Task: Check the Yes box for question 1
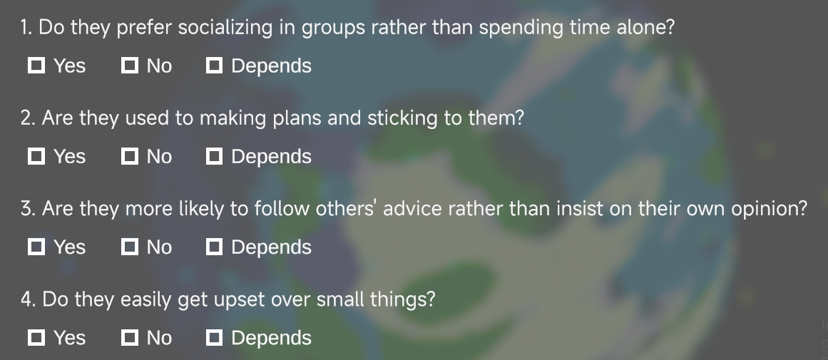(36, 66)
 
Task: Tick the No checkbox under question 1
(129, 66)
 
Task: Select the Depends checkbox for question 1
(214, 66)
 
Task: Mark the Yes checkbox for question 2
(36, 156)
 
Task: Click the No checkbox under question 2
(129, 156)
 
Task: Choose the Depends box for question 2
(214, 156)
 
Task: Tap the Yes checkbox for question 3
(36, 247)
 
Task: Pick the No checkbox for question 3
(129, 247)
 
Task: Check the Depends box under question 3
(214, 247)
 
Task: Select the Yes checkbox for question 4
(36, 337)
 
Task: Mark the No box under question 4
(129, 337)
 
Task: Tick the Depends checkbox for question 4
(214, 337)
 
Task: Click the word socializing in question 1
(225, 28)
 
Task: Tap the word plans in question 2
(297, 119)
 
